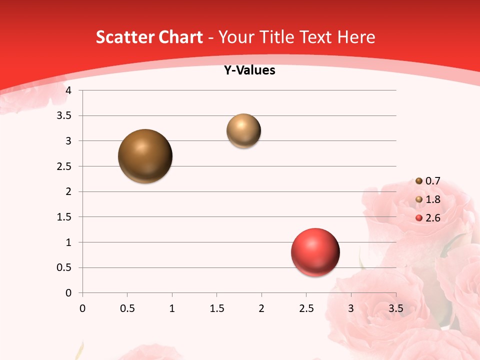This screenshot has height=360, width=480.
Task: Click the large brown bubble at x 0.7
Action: click(145, 156)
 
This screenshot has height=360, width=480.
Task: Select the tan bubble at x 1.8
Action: click(243, 130)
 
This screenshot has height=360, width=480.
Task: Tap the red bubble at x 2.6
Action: click(315, 252)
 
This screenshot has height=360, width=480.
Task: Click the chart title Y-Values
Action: click(249, 70)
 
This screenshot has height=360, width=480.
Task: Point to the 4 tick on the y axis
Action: click(68, 90)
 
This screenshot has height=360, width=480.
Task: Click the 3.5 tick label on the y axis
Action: click(64, 116)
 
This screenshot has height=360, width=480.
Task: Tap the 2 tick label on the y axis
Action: click(68, 191)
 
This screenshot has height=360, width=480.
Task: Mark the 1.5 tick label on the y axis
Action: click(64, 217)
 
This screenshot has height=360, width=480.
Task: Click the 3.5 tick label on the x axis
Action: click(395, 308)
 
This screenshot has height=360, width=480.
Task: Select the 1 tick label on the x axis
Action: click(172, 308)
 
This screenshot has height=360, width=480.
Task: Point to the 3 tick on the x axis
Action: click(351, 308)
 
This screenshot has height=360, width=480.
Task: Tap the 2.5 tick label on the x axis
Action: click(306, 308)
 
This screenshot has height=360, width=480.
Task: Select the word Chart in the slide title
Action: click(179, 37)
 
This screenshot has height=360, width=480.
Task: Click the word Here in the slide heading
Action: click(356, 37)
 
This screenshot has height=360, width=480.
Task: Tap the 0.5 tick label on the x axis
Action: click(127, 308)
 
